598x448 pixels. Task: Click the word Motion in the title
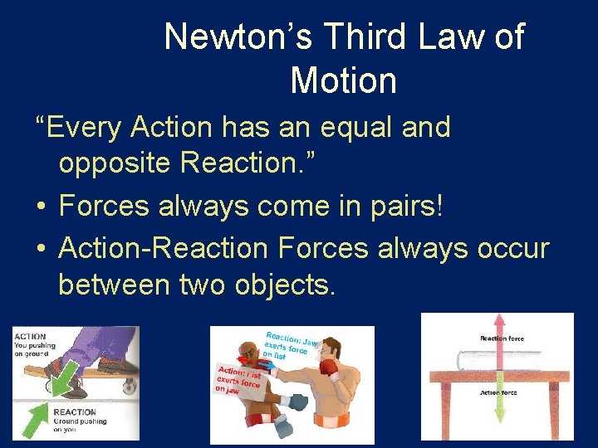(x=343, y=80)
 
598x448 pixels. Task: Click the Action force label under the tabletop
(x=498, y=392)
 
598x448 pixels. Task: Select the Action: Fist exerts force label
(x=238, y=377)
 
